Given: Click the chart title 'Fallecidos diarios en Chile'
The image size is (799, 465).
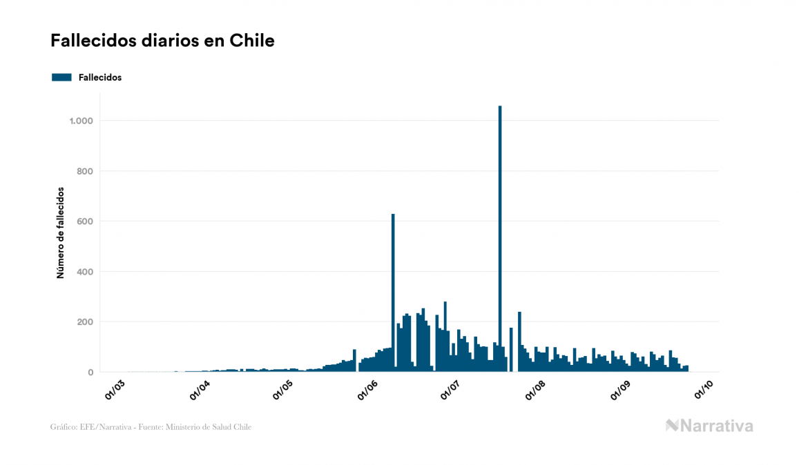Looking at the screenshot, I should [x=162, y=41].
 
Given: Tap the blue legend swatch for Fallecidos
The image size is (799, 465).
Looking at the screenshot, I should [x=61, y=77].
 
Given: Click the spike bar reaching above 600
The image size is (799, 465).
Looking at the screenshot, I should [x=393, y=290].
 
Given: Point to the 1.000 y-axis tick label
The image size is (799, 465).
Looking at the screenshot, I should [x=81, y=121].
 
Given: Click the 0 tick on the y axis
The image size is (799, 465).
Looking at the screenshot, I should [x=90, y=373].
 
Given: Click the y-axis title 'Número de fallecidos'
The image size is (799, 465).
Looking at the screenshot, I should [x=60, y=232].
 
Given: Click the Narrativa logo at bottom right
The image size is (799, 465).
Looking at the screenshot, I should [x=709, y=426].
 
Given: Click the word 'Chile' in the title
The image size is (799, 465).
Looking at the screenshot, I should [x=255, y=41].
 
